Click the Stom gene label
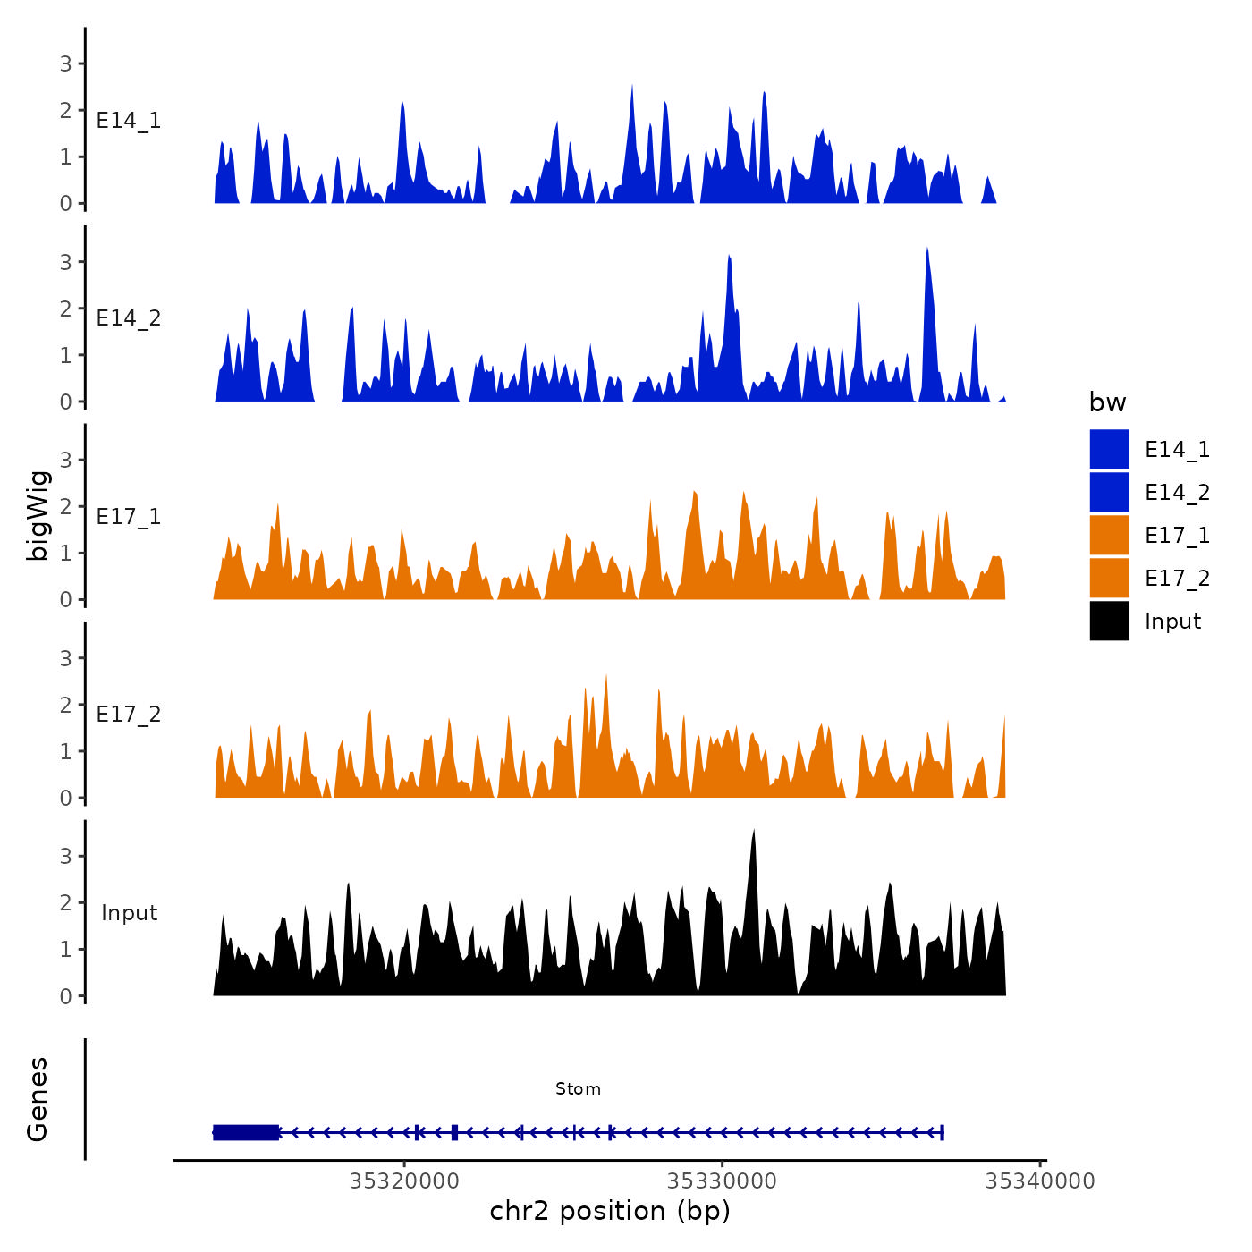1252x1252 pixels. click(x=578, y=1088)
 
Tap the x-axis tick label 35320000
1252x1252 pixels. click(x=404, y=1180)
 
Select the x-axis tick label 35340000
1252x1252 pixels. click(x=1039, y=1180)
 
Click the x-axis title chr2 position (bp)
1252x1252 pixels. click(x=610, y=1211)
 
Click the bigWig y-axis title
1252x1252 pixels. click(x=38, y=515)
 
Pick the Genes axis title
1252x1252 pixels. click(x=38, y=1099)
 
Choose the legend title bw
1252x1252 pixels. click(x=1107, y=402)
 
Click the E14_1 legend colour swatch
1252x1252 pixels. click(x=1109, y=449)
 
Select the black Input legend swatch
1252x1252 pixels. click(x=1109, y=621)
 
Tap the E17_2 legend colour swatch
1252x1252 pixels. click(x=1109, y=578)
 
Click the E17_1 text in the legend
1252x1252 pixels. click(x=1177, y=535)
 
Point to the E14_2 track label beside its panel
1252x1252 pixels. click(x=129, y=318)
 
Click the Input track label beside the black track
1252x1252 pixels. click(x=129, y=912)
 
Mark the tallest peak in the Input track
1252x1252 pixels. click(x=754, y=832)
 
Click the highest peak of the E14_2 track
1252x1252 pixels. click(x=927, y=250)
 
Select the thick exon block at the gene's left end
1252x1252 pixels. click(x=246, y=1132)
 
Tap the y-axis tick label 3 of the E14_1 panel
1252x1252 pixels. click(x=66, y=63)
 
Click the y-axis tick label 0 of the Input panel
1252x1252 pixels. click(x=66, y=995)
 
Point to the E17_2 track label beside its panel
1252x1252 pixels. click(x=129, y=714)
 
